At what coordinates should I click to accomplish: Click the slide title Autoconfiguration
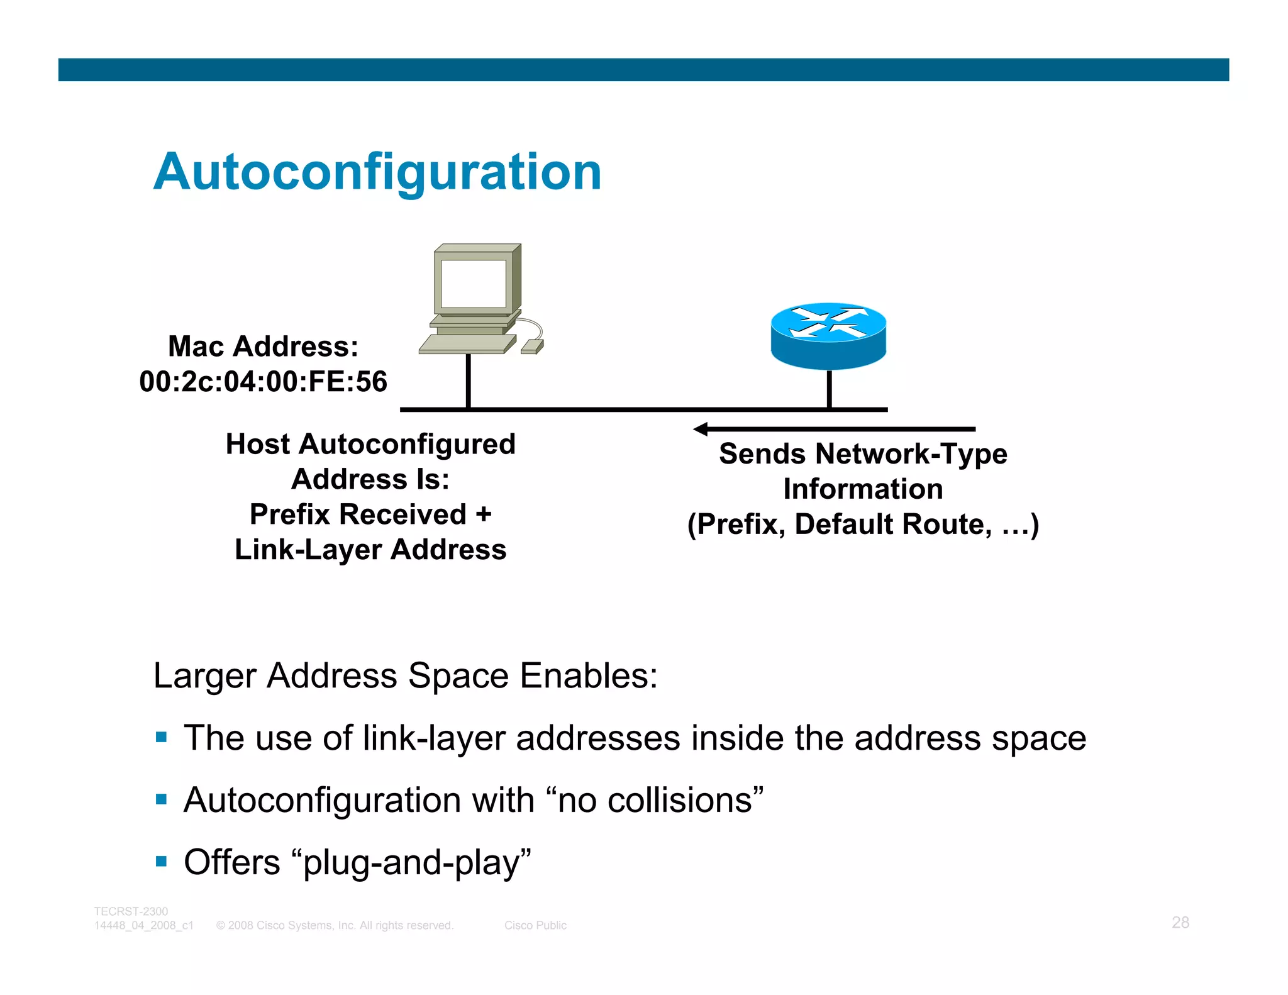click(x=377, y=172)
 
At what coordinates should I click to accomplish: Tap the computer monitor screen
click(x=473, y=283)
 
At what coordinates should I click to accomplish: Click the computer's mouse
click(x=532, y=346)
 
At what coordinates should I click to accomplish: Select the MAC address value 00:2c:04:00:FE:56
click(x=263, y=382)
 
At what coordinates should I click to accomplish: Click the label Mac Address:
click(x=263, y=347)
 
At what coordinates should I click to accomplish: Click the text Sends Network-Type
click(x=863, y=453)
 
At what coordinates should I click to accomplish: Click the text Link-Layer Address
click(x=370, y=550)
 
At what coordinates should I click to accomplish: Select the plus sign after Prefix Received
click(x=483, y=514)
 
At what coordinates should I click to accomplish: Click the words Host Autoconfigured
click(x=370, y=444)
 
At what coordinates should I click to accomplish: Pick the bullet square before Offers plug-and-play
click(x=162, y=860)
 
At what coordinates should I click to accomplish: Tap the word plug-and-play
click(x=412, y=862)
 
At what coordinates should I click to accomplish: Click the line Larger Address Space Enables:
click(x=406, y=676)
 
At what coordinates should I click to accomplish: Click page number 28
click(x=1180, y=922)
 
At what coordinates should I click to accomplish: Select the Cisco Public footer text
click(x=535, y=925)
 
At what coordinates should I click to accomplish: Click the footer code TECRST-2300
click(x=131, y=911)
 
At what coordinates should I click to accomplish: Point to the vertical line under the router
click(x=829, y=389)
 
